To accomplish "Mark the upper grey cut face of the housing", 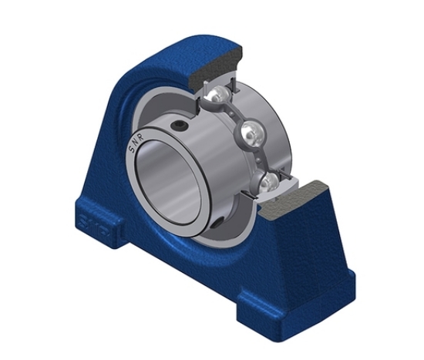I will tap(217, 61).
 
